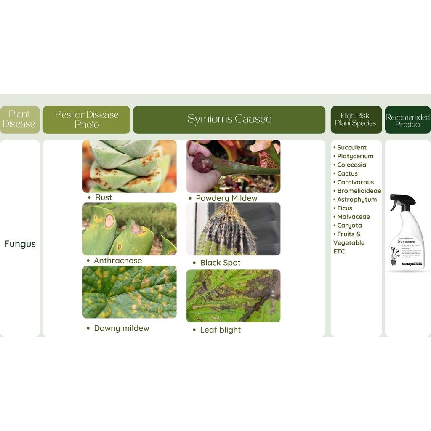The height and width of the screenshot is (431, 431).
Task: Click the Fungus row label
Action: (x=20, y=244)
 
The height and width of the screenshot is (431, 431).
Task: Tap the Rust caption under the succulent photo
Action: (x=103, y=197)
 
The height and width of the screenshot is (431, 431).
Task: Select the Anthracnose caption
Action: (x=117, y=261)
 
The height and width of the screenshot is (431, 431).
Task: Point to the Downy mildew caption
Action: (x=121, y=328)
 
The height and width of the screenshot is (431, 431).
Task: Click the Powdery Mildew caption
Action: (x=226, y=198)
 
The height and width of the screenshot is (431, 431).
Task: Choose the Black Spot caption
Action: (x=220, y=263)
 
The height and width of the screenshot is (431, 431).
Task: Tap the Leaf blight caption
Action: (x=220, y=330)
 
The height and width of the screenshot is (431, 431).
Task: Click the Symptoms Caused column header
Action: (x=229, y=120)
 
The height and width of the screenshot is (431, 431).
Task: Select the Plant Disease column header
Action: (x=19, y=120)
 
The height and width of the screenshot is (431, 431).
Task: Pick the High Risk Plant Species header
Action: (x=356, y=120)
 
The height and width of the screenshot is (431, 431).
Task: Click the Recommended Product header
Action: (x=407, y=120)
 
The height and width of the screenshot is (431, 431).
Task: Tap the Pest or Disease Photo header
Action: (x=87, y=120)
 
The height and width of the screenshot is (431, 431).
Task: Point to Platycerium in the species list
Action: (x=355, y=156)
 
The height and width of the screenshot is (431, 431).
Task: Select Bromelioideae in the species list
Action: (x=359, y=191)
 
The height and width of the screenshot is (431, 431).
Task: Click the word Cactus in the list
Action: (x=347, y=173)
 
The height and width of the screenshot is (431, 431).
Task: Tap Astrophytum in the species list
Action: (x=357, y=200)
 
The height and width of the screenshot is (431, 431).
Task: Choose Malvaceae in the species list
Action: (x=353, y=217)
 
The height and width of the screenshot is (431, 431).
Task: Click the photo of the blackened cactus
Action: (x=233, y=229)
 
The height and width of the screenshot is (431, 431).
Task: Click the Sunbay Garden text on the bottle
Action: (x=407, y=263)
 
